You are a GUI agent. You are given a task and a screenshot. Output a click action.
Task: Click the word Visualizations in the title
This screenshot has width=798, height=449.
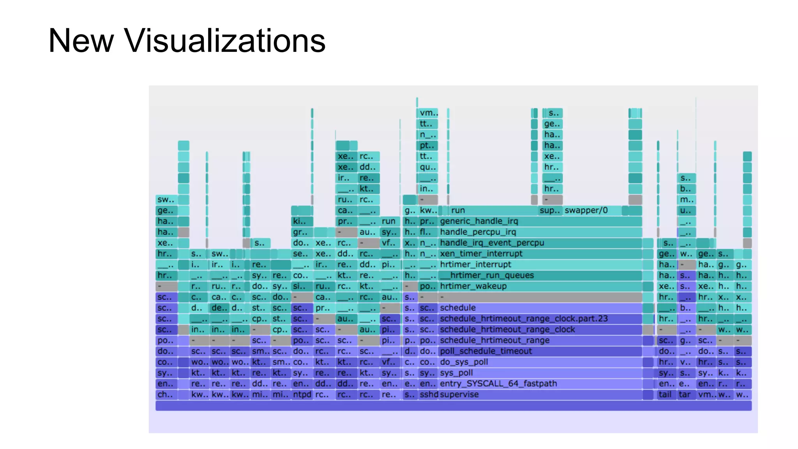[224, 40]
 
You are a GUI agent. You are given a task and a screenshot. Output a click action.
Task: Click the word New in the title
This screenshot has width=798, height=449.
[81, 40]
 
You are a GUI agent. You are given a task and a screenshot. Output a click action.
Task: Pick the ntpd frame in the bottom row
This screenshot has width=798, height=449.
[302, 394]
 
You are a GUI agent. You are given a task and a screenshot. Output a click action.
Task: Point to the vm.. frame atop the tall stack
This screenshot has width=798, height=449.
[428, 113]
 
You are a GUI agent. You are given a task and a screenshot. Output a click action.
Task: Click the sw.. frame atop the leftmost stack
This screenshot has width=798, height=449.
[166, 200]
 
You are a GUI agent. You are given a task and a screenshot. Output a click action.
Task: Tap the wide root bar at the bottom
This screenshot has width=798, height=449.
[453, 406]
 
